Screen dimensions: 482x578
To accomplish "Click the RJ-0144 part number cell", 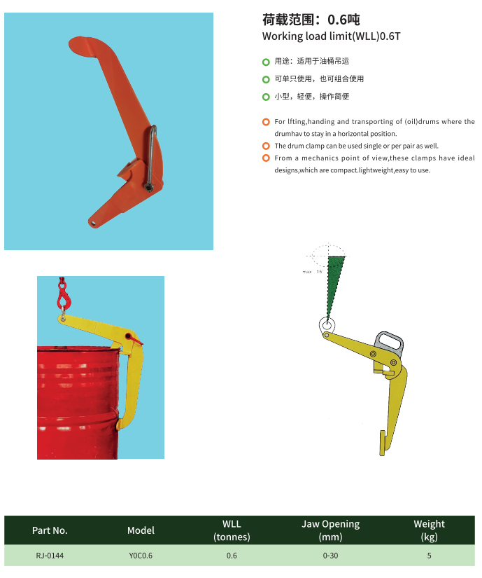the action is click(50, 556).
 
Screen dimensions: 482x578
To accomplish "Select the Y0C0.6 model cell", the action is click(141, 556).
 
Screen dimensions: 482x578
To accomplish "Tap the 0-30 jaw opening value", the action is click(330, 556).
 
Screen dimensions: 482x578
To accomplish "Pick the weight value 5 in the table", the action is click(429, 556).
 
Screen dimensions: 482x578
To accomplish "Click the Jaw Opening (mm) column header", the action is click(330, 530).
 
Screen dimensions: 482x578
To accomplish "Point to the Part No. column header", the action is click(50, 530).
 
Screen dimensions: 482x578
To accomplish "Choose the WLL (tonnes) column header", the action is click(232, 530).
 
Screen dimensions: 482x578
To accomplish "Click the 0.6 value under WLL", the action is click(232, 556).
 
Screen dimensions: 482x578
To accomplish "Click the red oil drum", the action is click(79, 403).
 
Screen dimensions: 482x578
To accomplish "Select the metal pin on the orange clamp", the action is click(151, 158).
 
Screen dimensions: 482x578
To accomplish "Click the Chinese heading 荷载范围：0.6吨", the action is click(311, 20).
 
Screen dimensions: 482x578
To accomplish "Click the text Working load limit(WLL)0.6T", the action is click(331, 36).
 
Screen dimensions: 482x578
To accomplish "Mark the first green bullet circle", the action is click(266, 62).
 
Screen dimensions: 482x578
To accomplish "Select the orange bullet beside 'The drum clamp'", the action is click(266, 146).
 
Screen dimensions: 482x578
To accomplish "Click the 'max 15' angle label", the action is click(312, 272).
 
